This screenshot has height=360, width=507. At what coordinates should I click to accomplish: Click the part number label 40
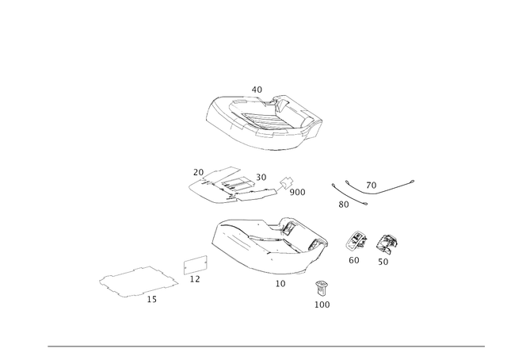257,90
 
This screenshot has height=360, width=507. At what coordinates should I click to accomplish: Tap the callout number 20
198,173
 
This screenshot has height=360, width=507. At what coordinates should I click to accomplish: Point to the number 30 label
261,178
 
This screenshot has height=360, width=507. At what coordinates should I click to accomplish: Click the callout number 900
297,193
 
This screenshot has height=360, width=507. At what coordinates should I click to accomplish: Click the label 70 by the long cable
372,186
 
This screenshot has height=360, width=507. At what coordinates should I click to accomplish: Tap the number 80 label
344,205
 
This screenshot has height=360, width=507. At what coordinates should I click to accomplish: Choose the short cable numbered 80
349,195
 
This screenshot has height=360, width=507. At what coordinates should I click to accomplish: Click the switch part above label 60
356,241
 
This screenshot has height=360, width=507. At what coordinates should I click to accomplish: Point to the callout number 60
354,260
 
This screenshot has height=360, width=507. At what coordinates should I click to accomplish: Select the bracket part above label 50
387,244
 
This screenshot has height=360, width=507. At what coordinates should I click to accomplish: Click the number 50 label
383,262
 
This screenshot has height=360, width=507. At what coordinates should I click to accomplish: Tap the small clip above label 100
321,288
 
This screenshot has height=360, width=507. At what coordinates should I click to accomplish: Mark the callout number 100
322,304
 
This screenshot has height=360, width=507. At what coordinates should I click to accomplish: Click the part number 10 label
280,284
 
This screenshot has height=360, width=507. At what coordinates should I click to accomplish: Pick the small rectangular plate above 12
196,265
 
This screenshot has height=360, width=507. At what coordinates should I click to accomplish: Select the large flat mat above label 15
139,281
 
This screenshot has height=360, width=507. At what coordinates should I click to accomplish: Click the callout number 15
151,300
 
